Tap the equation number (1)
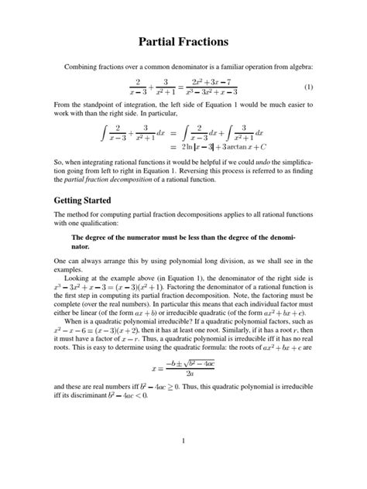(308, 86)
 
